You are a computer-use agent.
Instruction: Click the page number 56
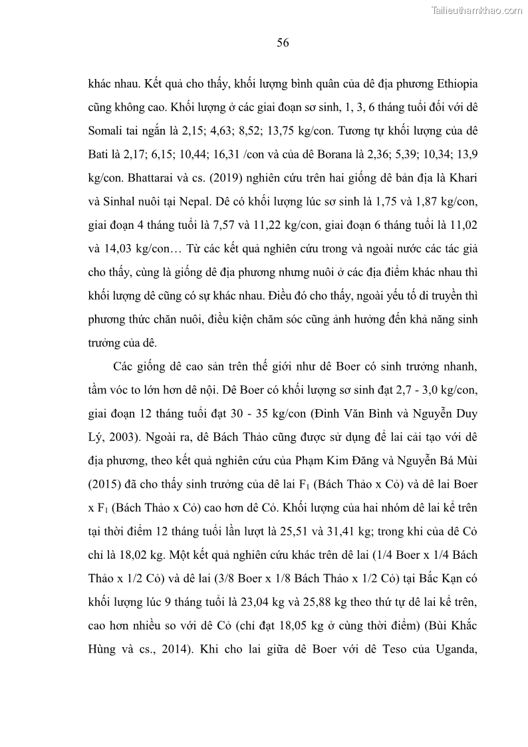(283, 43)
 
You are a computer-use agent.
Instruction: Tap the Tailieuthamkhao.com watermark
(476, 9)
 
